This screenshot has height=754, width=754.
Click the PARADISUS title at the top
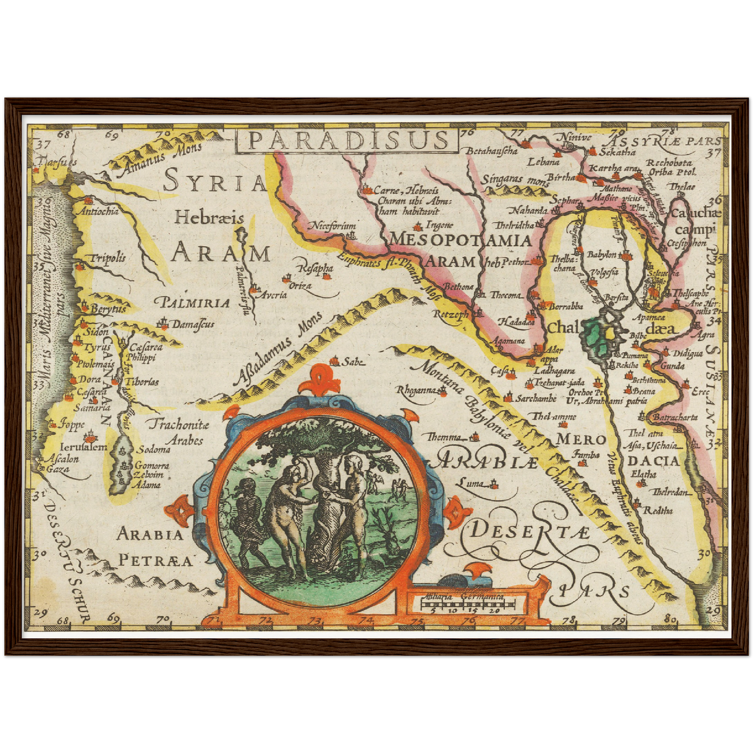tap(348, 140)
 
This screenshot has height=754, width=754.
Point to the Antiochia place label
tap(97, 211)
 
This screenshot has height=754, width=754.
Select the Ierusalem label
tap(83, 447)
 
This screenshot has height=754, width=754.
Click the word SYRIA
tap(215, 182)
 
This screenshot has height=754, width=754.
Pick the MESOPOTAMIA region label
tap(460, 240)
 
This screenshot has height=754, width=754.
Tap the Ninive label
tap(576, 137)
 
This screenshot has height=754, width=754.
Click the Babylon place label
tap(602, 255)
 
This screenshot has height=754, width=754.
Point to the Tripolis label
tap(108, 258)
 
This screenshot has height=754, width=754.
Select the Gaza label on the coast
tap(57, 469)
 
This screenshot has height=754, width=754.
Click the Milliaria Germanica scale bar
tap(467, 604)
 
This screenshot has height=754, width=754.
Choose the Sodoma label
tap(154, 449)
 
